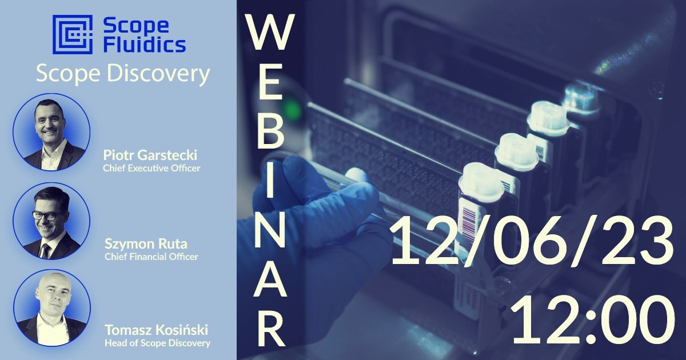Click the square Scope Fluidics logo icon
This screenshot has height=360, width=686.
coord(73,34)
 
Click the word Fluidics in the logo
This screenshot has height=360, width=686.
coord(145,45)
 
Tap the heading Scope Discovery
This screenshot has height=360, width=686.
coord(123,74)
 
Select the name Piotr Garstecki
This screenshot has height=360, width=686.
coord(150,155)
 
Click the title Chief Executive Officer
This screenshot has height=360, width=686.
coord(151,169)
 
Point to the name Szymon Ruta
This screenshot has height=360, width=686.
coord(146,244)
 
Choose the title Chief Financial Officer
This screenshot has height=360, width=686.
coord(151,257)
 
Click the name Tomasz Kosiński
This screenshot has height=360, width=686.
coord(157,330)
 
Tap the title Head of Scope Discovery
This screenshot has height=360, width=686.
coord(157,343)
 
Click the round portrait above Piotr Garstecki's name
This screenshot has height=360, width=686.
coord(51,132)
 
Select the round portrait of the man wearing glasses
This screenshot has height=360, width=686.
coord(51,221)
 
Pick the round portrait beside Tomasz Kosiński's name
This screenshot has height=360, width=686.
coord(52,308)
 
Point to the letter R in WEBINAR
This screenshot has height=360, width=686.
coord(270,328)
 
